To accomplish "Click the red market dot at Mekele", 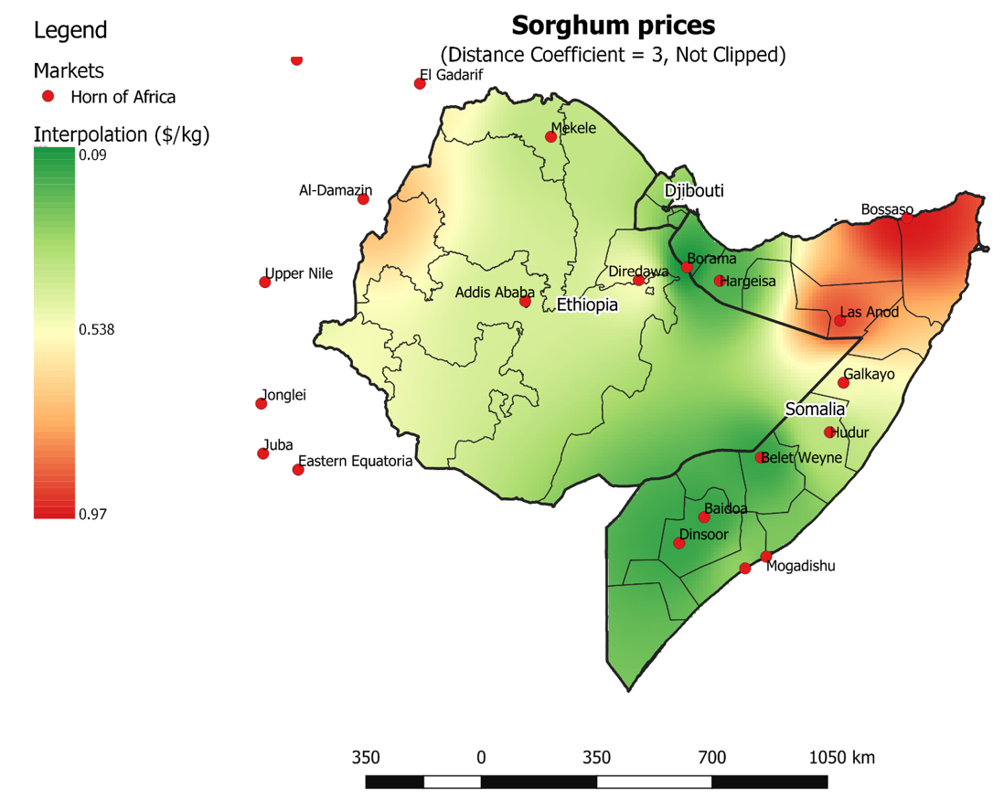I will point(550,137).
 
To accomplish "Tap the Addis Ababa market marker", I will point(525,302).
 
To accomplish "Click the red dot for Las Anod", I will point(839,321).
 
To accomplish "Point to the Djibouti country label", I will point(693,191).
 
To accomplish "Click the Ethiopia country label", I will point(587,304).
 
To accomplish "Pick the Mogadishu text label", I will point(800,566).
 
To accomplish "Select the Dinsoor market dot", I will point(678,543).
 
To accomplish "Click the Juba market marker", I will point(263,453).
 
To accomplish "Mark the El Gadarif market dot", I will point(420,84).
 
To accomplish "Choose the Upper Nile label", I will point(299,273).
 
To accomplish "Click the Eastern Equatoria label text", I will point(356,462).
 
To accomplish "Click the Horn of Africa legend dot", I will point(49,96).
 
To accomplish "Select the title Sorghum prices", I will point(613,25).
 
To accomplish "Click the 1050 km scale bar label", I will point(841,758).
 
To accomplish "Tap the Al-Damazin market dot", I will point(363,199).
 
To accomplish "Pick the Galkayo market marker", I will point(843,383).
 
